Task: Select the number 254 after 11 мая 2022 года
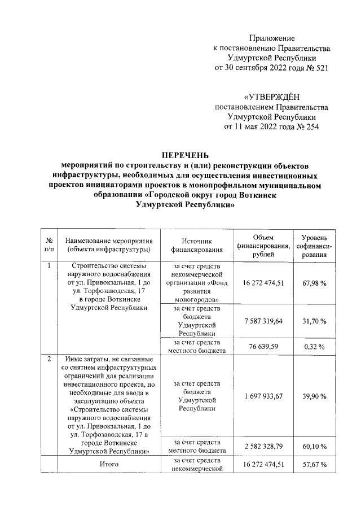click(312, 126)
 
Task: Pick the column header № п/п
click(50, 244)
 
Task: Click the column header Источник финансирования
click(195, 244)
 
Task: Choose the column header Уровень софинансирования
click(315, 244)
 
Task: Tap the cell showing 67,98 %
click(315, 282)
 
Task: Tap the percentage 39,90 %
click(315, 396)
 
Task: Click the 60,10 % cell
click(315, 446)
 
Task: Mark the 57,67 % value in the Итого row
click(315, 465)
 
